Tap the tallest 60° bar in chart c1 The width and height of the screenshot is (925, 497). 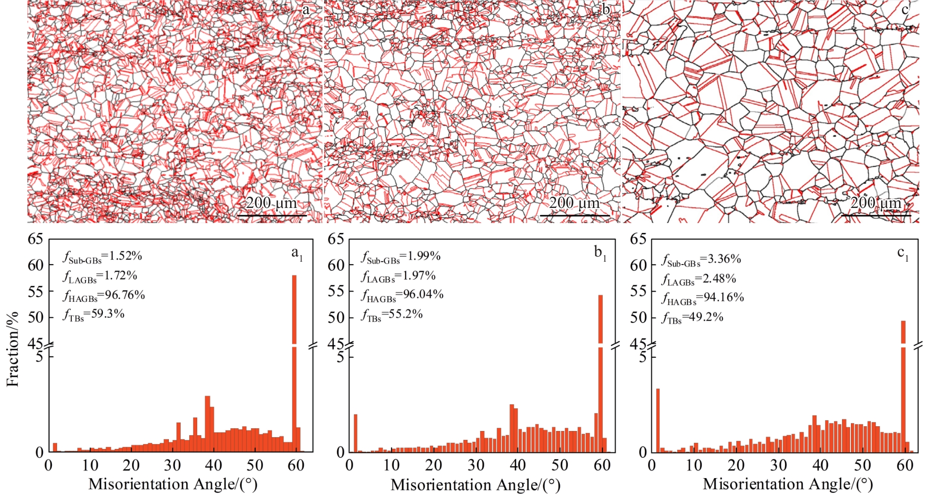(903, 382)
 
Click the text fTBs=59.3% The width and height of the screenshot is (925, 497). (93, 315)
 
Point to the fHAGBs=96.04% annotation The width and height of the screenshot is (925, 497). (402, 295)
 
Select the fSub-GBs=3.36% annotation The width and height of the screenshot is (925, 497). (701, 260)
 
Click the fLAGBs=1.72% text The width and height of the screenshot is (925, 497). (100, 276)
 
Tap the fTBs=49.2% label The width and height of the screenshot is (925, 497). (692, 317)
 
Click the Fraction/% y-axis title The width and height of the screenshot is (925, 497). (13, 349)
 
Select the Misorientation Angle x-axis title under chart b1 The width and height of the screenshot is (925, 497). (475, 485)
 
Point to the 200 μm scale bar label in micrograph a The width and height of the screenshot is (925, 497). (271, 203)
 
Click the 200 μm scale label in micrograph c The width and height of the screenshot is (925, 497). (875, 203)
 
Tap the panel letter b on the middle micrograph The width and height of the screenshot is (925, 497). (606, 9)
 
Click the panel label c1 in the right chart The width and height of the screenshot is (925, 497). (902, 254)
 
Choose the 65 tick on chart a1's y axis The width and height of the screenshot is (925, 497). (35, 239)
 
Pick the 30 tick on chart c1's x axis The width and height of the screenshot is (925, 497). (778, 465)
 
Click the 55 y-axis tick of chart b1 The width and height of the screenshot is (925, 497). (336, 291)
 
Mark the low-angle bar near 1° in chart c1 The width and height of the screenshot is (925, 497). (658, 420)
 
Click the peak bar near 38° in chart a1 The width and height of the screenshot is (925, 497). (207, 424)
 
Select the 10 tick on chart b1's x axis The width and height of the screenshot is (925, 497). (392, 465)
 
